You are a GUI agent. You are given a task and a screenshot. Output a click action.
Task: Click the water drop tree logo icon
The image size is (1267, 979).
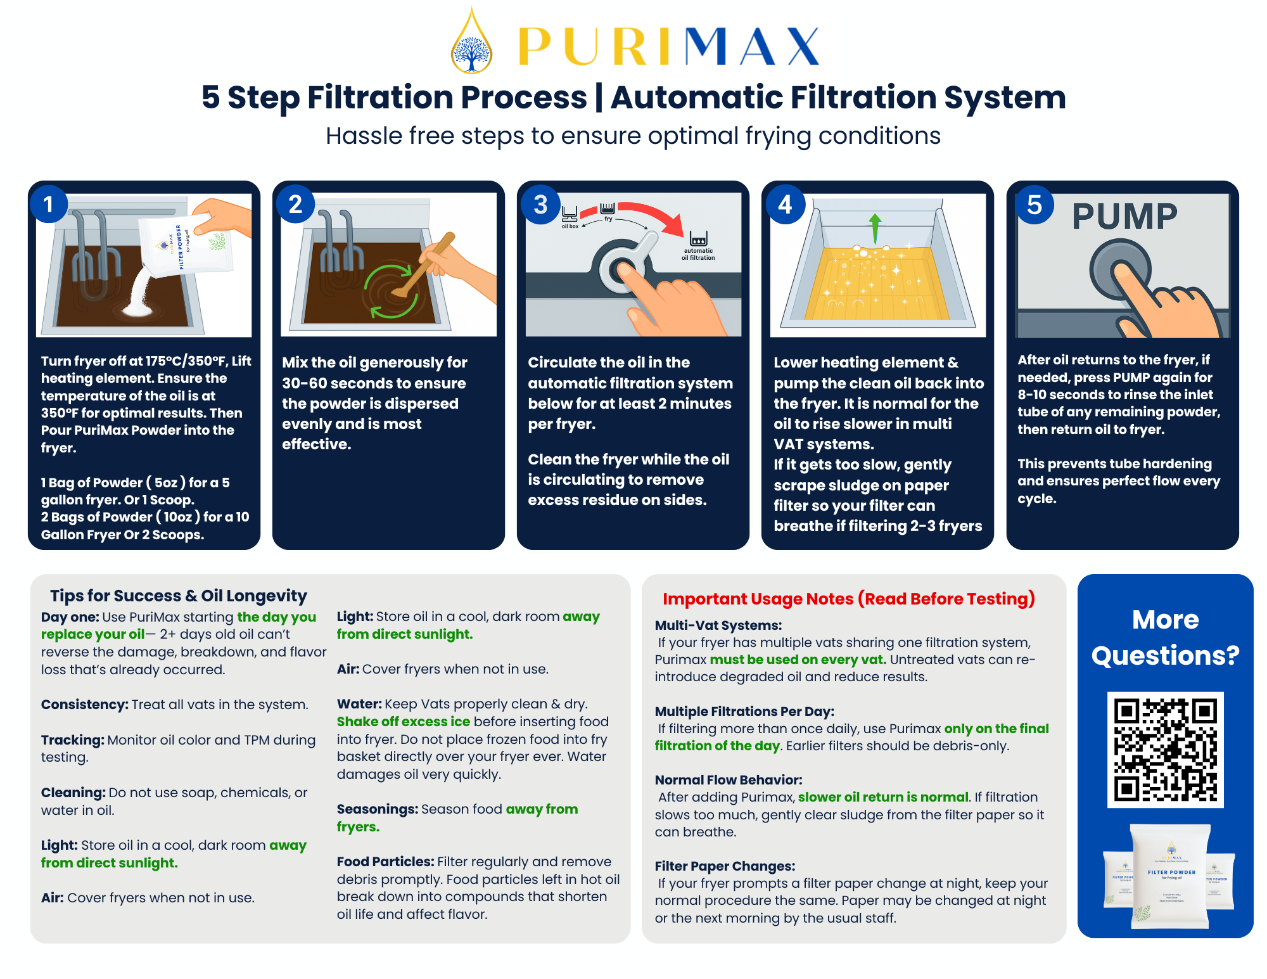pyautogui.click(x=471, y=42)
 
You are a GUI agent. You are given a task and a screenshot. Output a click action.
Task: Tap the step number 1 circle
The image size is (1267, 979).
pyautogui.click(x=48, y=204)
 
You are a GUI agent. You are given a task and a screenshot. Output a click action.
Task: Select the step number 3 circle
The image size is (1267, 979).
pyautogui.click(x=540, y=204)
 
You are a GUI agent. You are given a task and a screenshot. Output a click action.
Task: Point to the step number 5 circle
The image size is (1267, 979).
pyautogui.click(x=1034, y=204)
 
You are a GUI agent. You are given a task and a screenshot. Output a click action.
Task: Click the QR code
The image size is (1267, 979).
pyautogui.click(x=1165, y=750)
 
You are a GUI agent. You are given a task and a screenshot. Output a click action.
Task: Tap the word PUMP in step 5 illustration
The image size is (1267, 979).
pyautogui.click(x=1124, y=217)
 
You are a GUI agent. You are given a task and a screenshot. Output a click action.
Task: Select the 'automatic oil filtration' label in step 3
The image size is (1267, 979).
pyautogui.click(x=698, y=254)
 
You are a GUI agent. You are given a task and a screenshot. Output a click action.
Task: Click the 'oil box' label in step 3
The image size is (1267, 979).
pyautogui.click(x=570, y=226)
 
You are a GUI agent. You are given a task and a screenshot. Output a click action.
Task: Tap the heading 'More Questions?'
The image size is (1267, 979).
pyautogui.click(x=1165, y=637)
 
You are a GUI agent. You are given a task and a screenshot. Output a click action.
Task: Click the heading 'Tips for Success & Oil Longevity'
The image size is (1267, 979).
pyautogui.click(x=179, y=596)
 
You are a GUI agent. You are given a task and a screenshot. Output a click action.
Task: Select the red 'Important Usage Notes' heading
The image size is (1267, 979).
pyautogui.click(x=848, y=599)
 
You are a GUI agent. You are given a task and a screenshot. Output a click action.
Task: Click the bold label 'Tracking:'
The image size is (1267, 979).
pyautogui.click(x=72, y=740)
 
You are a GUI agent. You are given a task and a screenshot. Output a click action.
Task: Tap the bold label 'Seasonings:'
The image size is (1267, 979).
pyautogui.click(x=377, y=809)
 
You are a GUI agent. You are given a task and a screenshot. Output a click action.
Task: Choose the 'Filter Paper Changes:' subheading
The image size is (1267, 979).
pyautogui.click(x=725, y=866)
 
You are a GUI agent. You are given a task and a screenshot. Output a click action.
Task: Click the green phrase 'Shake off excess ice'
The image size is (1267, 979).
pyautogui.click(x=404, y=722)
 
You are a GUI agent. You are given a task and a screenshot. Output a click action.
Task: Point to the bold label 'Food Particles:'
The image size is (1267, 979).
pyautogui.click(x=385, y=862)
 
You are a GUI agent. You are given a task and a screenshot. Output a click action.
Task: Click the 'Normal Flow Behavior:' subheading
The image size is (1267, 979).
pyautogui.click(x=729, y=780)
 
